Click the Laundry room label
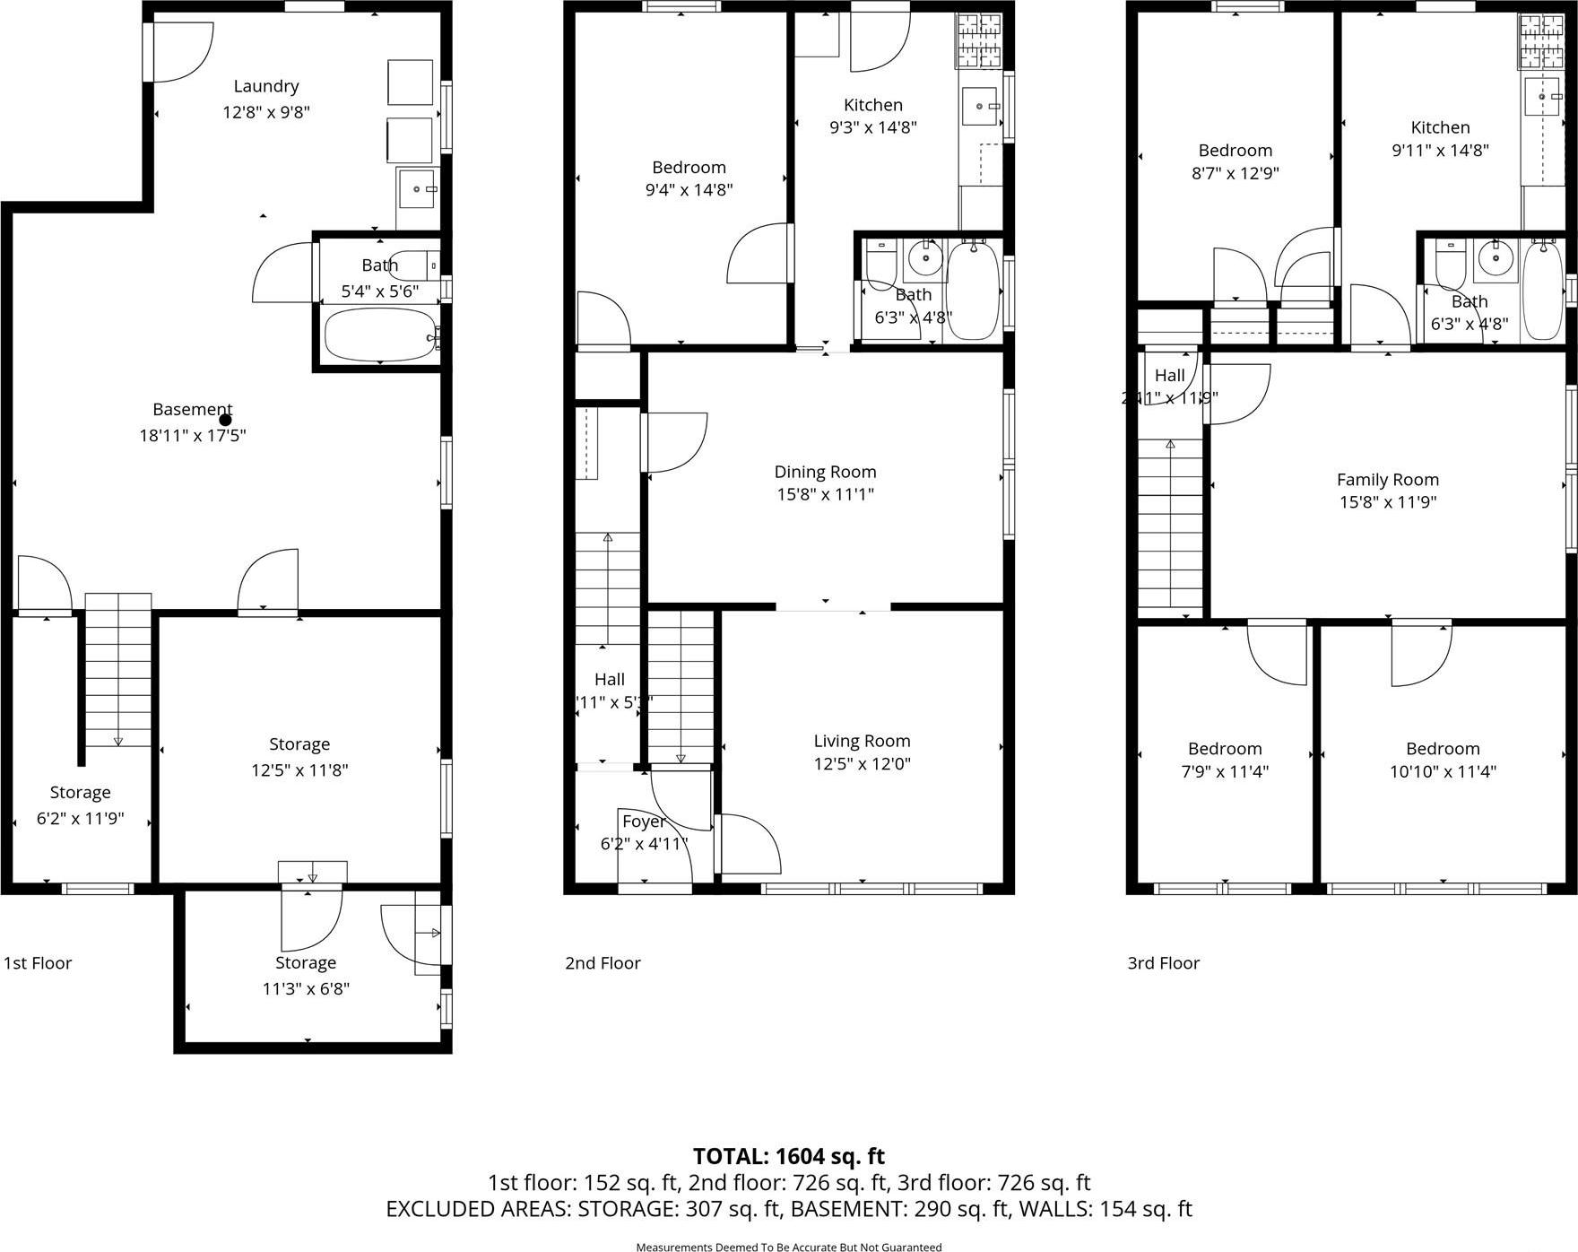(x=265, y=86)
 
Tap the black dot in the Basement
(x=225, y=420)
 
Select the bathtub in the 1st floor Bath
(x=381, y=335)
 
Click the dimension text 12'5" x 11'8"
(x=299, y=770)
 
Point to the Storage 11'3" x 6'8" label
(x=306, y=963)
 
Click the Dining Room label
(x=825, y=472)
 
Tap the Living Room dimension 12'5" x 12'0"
(x=862, y=764)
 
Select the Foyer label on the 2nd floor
(x=643, y=822)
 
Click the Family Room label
(x=1387, y=480)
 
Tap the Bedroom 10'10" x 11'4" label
(x=1442, y=749)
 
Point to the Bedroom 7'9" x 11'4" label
(x=1225, y=749)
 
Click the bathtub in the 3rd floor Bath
(x=1543, y=291)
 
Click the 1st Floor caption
(x=37, y=963)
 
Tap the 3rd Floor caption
(x=1163, y=963)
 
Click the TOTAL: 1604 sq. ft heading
(x=788, y=1156)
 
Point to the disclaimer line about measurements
(x=788, y=1247)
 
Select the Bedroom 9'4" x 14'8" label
(x=689, y=168)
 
